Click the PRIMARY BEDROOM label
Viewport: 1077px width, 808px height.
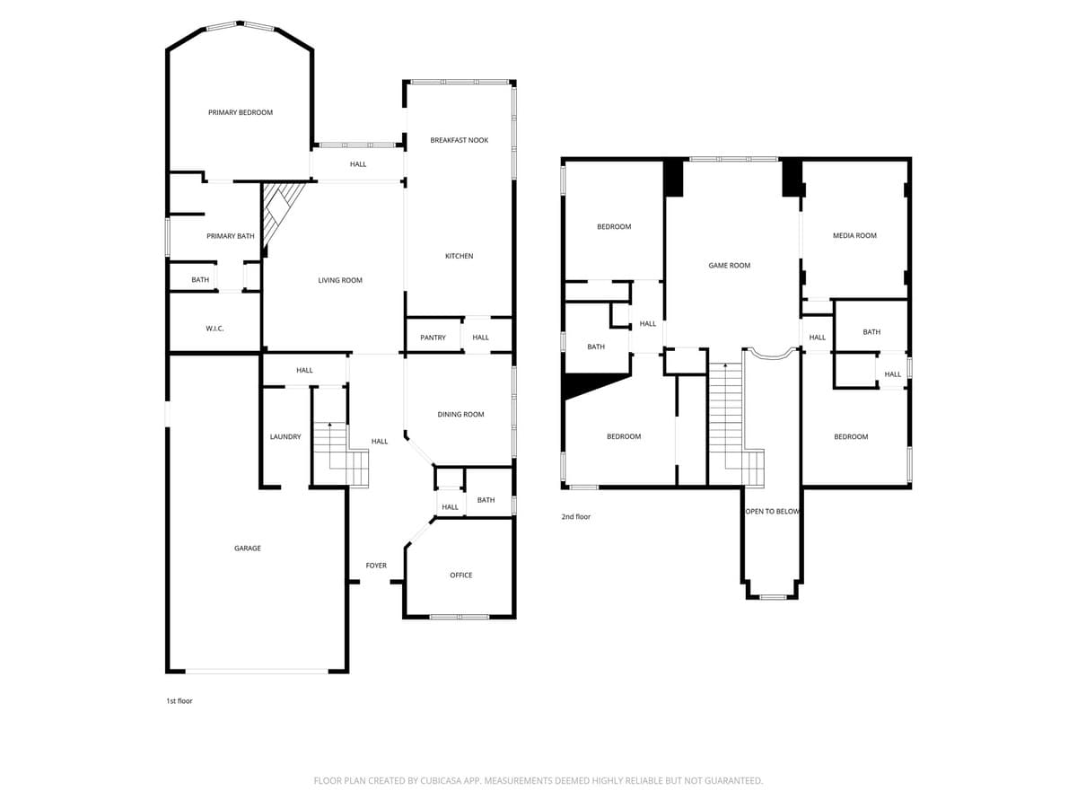240,112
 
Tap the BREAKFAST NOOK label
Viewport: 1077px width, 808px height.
459,140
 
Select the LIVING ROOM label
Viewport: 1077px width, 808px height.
340,280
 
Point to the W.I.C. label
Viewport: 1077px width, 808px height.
215,329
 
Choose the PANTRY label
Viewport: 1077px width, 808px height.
433,338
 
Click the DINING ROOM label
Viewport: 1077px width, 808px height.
460,414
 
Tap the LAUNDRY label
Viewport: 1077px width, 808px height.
285,436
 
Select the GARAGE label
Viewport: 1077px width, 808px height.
248,548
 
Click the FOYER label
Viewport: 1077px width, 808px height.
376,566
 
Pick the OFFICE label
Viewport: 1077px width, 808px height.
460,575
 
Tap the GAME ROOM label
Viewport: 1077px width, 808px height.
729,265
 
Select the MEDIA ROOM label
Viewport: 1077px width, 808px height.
854,235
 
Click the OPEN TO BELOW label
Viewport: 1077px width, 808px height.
772,512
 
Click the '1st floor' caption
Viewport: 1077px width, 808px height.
179,700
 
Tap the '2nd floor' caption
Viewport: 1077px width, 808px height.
576,516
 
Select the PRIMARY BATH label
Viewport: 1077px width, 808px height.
231,236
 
